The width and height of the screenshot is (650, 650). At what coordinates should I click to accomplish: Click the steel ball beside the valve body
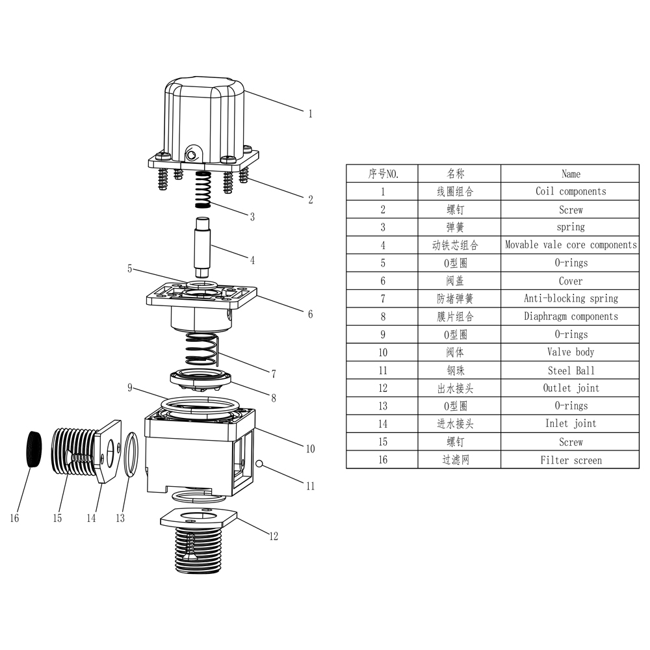259,463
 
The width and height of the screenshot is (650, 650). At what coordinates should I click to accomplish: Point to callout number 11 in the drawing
310,484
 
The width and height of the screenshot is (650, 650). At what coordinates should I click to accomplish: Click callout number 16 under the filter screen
14,518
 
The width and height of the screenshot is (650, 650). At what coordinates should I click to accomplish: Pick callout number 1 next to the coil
310,114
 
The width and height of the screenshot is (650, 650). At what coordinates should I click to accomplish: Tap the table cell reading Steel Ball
570,370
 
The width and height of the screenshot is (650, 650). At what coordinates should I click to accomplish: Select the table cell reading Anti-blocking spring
570,298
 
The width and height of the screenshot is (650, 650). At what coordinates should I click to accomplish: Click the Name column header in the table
570,174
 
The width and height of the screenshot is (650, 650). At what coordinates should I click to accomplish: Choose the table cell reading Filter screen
570,460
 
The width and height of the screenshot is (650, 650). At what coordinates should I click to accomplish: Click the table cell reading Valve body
570,352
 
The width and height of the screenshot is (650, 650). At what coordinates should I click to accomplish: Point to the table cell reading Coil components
570,191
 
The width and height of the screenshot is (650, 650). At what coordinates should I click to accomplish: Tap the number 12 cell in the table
382,388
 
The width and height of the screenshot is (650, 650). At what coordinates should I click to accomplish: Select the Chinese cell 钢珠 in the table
458,370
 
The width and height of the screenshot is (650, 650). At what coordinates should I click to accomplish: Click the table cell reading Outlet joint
570,388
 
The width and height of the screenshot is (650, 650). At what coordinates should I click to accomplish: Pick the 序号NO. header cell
382,174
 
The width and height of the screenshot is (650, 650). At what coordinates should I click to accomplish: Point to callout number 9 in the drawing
130,388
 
